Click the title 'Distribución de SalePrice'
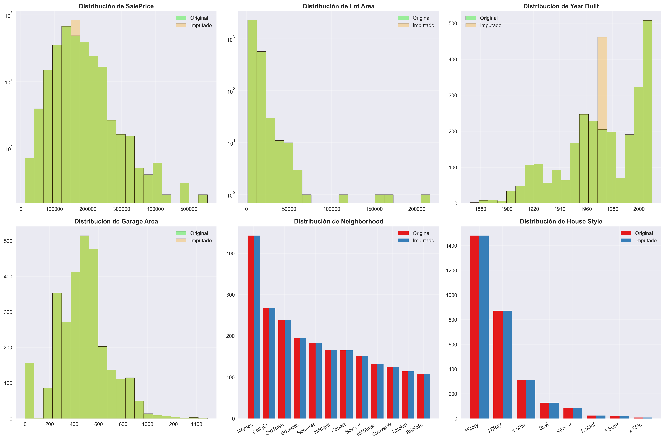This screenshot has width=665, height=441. [x=116, y=6]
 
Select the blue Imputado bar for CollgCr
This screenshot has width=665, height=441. [x=272, y=363]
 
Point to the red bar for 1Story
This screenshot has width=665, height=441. [x=475, y=326]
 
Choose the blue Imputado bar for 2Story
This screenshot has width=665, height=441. [x=507, y=364]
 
